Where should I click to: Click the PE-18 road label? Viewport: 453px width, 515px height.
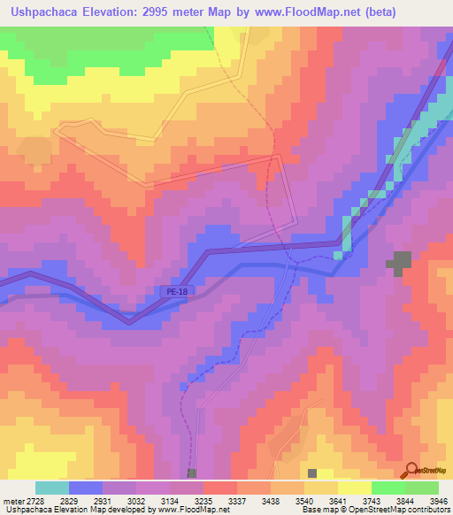(x=175, y=290)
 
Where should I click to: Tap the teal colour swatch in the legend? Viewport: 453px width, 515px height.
(x=52, y=488)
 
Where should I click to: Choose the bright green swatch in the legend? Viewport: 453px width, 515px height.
(x=388, y=488)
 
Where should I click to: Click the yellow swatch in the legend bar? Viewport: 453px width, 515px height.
(x=355, y=488)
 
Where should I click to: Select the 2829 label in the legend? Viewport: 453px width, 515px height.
(x=86, y=500)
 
